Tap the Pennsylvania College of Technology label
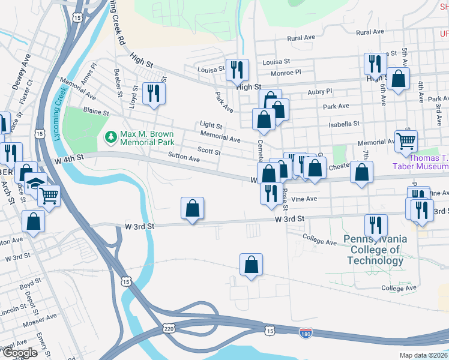[x=375, y=250]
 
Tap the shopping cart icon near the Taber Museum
[x=406, y=141]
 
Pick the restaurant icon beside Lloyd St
[x=154, y=93]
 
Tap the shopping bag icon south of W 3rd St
[x=252, y=263]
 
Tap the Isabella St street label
[x=344, y=124]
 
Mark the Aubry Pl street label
[x=319, y=92]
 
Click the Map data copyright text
[x=423, y=355]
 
